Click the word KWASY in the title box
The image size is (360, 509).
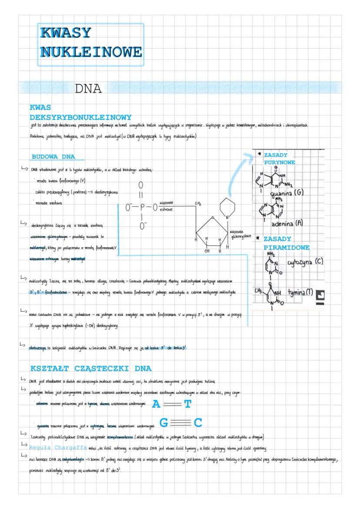click(x=66, y=33)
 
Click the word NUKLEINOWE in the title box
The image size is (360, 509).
click(x=90, y=52)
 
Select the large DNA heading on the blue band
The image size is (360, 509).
click(x=89, y=89)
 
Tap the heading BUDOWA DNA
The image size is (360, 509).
click(x=53, y=156)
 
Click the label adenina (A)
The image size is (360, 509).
click(x=287, y=223)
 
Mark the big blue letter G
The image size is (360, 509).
click(x=164, y=423)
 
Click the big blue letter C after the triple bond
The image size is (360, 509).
click(x=198, y=423)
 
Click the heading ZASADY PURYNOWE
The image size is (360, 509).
click(x=279, y=159)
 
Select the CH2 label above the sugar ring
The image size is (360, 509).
click(x=199, y=203)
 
